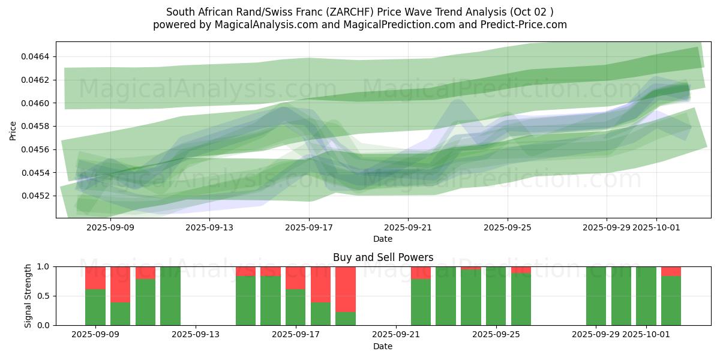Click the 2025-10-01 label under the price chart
(656, 227)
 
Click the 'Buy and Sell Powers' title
(383, 258)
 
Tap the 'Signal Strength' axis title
(28, 296)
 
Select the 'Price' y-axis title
(13, 130)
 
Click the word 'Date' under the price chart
(383, 239)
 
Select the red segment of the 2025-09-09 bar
(95, 278)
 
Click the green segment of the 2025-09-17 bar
(296, 307)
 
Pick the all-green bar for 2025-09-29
(596, 296)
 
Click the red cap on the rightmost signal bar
(671, 271)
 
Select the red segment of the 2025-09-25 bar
(521, 270)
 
